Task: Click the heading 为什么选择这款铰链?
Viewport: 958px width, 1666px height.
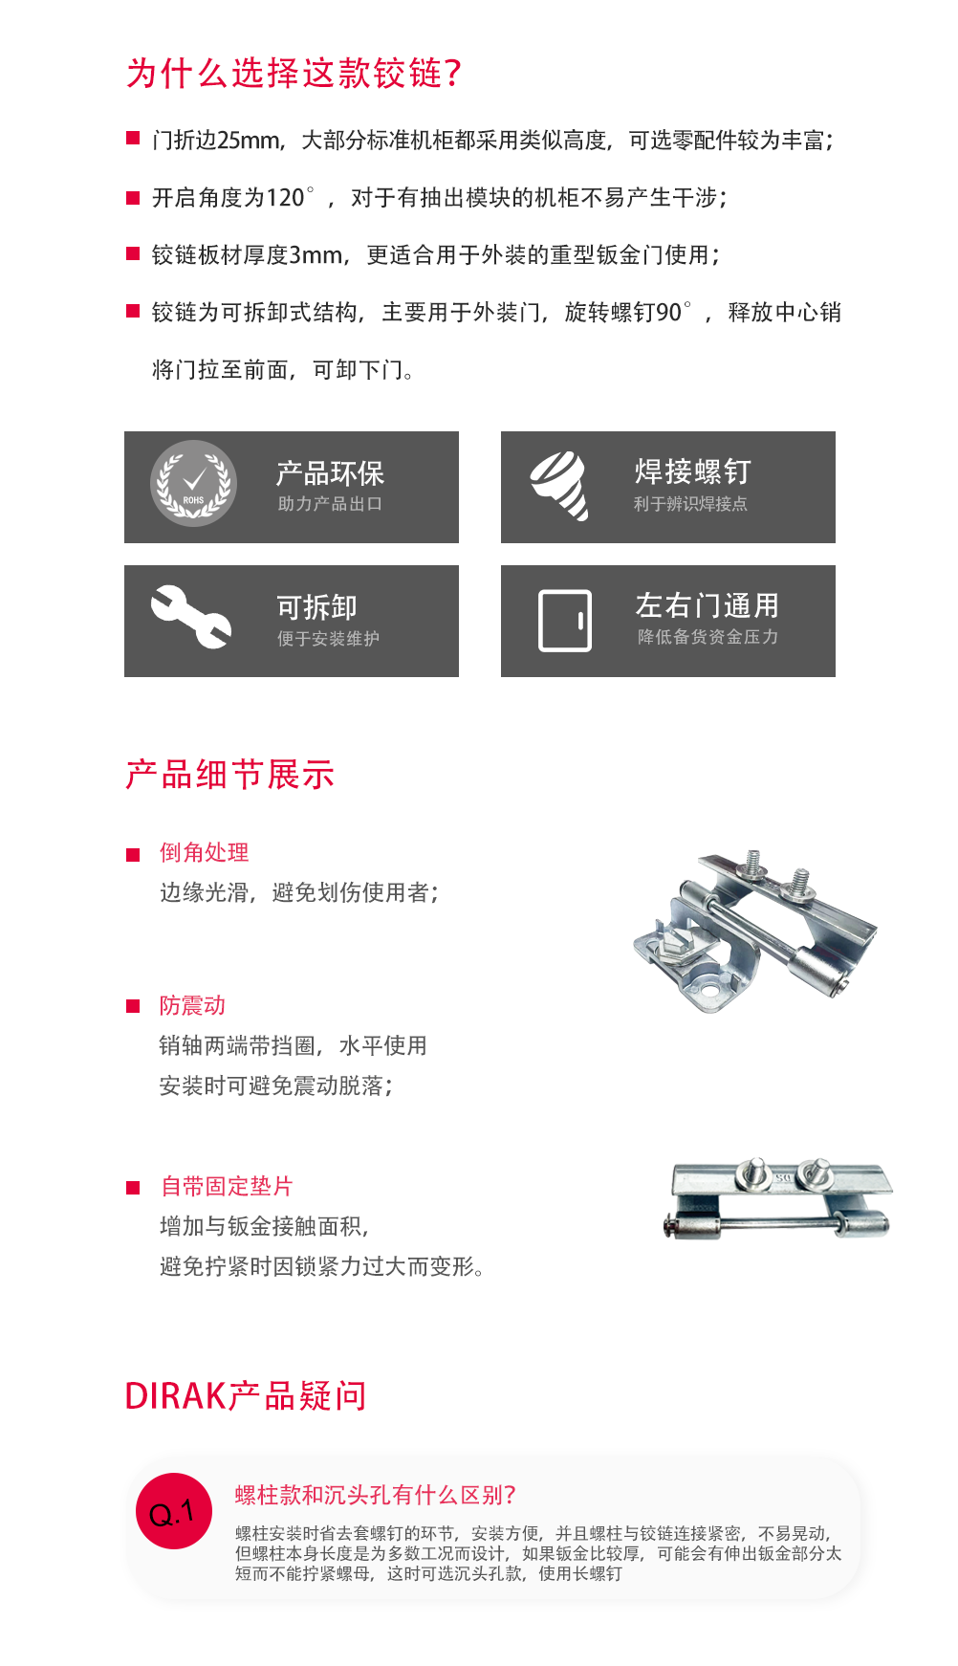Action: point(294,74)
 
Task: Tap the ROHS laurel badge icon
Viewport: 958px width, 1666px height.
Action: point(194,484)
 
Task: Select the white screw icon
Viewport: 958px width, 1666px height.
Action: point(560,486)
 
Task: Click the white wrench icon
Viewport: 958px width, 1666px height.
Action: point(191,616)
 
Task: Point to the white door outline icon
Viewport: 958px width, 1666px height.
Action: point(565,621)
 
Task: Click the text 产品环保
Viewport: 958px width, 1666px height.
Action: point(330,473)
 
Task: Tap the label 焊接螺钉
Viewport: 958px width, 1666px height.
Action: point(693,471)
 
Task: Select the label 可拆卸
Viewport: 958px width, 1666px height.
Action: point(316,607)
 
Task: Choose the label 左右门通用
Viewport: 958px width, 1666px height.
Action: point(708,605)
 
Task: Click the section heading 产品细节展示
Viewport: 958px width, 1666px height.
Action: point(230,775)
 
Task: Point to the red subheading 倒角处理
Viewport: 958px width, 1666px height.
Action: point(205,852)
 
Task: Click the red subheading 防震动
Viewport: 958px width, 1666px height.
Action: point(192,1005)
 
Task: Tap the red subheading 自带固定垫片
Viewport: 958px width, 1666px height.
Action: point(227,1186)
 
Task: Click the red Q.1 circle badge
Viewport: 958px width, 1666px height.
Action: point(173,1511)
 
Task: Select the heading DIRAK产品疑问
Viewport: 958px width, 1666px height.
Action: point(246,1396)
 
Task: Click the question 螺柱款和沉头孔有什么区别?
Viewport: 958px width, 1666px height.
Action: point(376,1495)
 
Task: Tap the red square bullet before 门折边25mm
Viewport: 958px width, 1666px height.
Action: point(133,140)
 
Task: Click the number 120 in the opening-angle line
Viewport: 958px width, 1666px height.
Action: point(285,198)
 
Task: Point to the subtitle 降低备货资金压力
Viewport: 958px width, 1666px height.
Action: point(708,637)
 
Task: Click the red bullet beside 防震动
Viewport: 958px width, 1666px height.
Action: point(133,1006)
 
